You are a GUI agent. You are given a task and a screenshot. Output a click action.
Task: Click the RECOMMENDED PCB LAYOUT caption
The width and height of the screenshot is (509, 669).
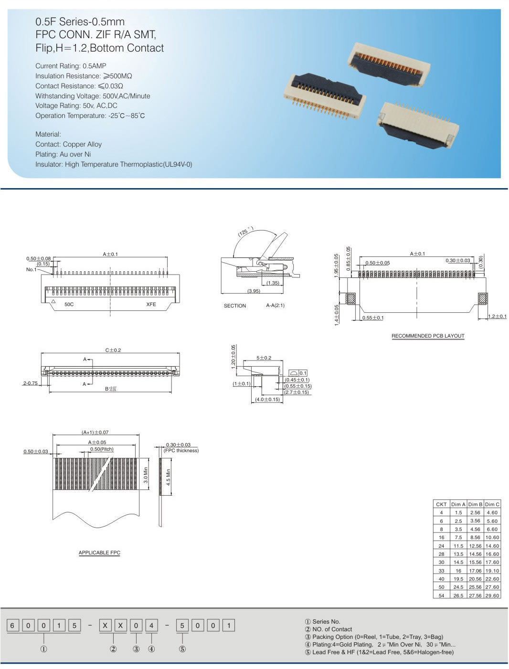pyautogui.click(x=427, y=336)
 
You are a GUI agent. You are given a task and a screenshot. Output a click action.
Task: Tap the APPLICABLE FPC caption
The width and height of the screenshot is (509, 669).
pyautogui.click(x=99, y=552)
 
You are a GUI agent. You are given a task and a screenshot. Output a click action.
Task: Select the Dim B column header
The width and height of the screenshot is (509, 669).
pyautogui.click(x=475, y=504)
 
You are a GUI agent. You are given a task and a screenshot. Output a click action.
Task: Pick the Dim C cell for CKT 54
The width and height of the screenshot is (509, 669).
pyautogui.click(x=492, y=595)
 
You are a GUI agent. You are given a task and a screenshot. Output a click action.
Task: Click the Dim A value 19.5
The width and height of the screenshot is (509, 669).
pyautogui.click(x=458, y=579)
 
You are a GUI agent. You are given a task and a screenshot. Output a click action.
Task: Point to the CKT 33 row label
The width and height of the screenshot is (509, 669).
pyautogui.click(x=441, y=571)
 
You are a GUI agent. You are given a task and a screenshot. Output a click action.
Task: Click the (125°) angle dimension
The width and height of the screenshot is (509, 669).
pyautogui.click(x=245, y=232)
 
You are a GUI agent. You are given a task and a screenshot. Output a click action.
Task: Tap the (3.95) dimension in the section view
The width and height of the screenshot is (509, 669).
pyautogui.click(x=254, y=291)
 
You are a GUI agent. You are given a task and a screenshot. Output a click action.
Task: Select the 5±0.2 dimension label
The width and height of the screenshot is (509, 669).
pyautogui.click(x=264, y=358)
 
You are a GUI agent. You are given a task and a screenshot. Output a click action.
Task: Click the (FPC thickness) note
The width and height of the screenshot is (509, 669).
pyautogui.click(x=181, y=450)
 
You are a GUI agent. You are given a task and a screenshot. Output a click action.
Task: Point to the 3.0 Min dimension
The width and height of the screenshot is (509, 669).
pyautogui.click(x=146, y=475)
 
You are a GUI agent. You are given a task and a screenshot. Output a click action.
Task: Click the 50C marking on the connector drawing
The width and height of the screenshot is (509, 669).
pyautogui.click(x=69, y=304)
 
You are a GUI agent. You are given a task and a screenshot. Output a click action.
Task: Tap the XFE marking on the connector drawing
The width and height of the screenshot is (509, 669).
pyautogui.click(x=151, y=304)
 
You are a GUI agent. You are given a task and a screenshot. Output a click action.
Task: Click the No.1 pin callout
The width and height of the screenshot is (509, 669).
pyautogui.click(x=31, y=269)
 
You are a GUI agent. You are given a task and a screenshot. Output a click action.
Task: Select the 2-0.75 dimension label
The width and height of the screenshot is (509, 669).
pyautogui.click(x=30, y=383)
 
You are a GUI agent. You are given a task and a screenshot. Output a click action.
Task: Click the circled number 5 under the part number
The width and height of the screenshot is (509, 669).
pyautogui.click(x=182, y=649)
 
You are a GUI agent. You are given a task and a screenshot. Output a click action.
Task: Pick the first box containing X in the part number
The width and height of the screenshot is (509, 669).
pyautogui.click(x=105, y=626)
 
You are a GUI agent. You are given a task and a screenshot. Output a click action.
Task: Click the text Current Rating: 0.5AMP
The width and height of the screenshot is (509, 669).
pyautogui.click(x=71, y=66)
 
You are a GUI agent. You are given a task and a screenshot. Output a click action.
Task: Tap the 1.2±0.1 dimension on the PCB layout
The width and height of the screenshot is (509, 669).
pyautogui.click(x=497, y=316)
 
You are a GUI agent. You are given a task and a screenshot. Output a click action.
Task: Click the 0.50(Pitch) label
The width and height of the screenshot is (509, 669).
pyautogui.click(x=102, y=449)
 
